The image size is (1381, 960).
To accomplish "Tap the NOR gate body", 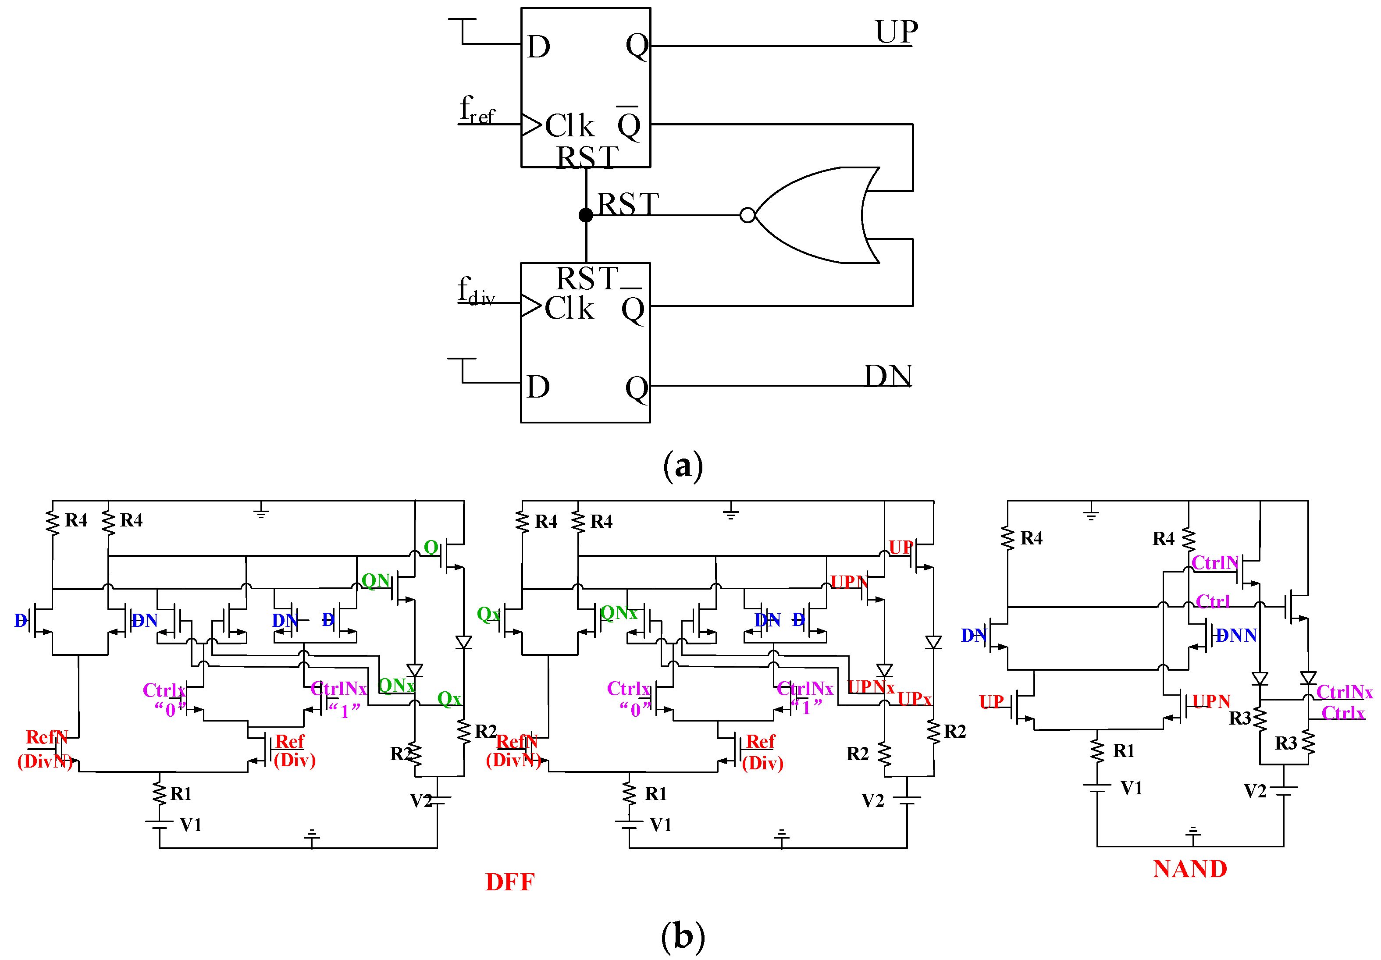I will point(818,215).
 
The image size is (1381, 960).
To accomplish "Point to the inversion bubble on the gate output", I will point(747,215).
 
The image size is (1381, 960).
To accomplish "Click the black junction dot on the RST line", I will point(586,215).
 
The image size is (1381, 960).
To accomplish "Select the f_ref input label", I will point(477,110).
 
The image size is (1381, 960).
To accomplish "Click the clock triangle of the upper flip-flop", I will point(531,125).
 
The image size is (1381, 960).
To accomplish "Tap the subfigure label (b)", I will point(682,936).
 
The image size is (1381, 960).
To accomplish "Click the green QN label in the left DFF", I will point(375,580).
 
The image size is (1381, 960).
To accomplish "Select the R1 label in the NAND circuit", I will point(1123,750).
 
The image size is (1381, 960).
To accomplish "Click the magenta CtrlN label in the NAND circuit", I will point(1214,563).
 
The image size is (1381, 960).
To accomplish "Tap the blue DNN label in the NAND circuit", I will point(1236,636).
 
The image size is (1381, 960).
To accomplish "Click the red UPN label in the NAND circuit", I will point(1211,701).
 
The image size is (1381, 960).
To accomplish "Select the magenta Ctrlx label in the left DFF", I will point(164,690).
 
